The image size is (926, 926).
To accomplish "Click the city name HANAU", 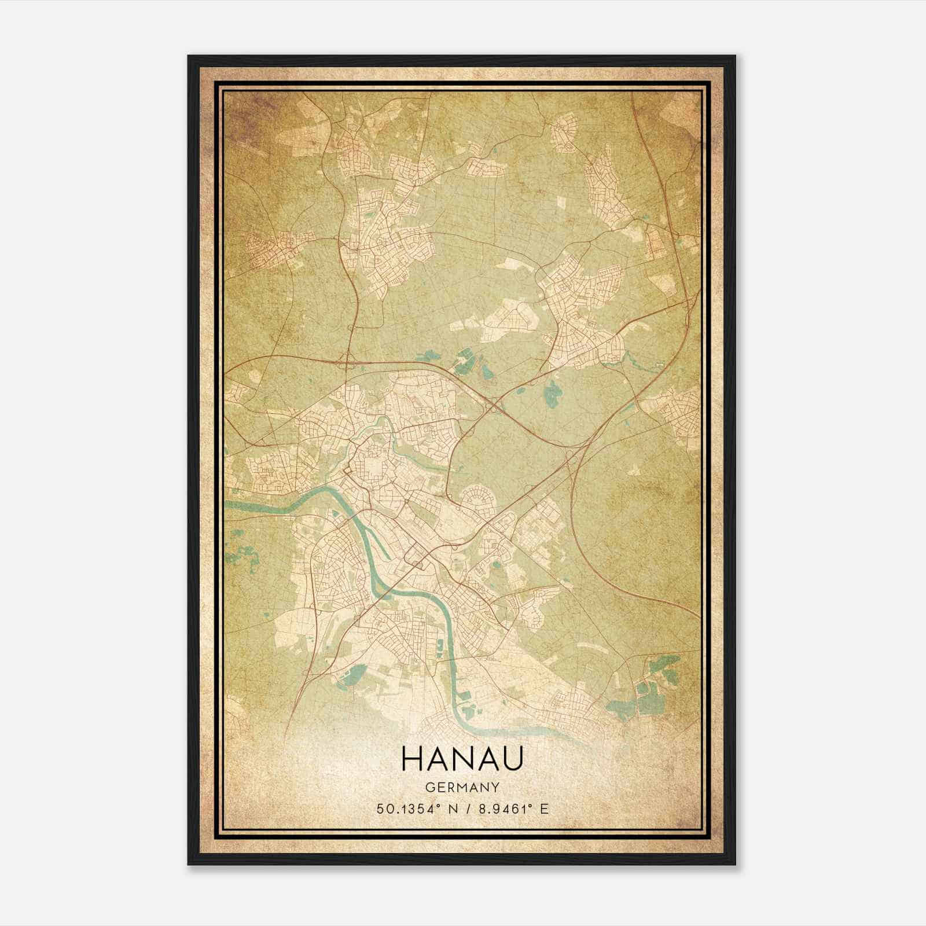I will [462, 759].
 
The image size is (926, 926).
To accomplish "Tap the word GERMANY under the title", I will [462, 788].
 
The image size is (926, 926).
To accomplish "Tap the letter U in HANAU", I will [513, 759].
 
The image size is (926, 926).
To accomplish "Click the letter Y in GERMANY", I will [495, 788].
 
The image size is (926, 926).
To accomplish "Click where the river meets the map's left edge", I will [227, 505].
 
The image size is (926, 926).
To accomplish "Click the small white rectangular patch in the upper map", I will [560, 203].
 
